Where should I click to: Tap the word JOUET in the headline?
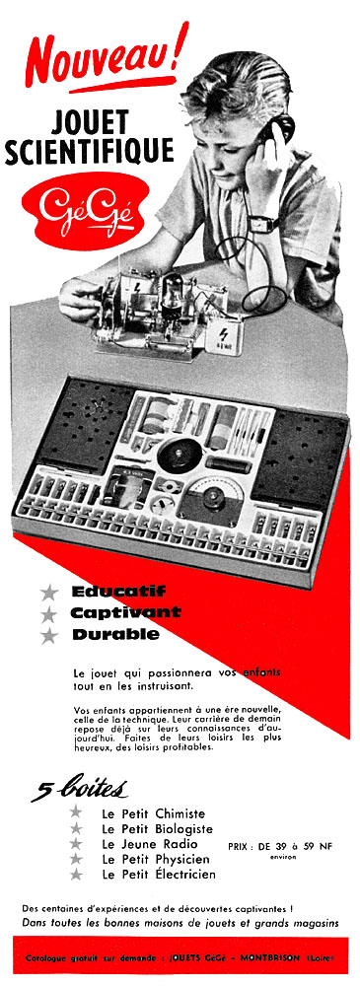tap(90, 121)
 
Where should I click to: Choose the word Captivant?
tap(125, 612)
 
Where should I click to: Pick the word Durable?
tap(115, 634)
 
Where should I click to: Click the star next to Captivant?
tap(48, 613)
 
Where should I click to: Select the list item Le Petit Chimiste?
tap(153, 813)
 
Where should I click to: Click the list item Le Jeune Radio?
tap(149, 844)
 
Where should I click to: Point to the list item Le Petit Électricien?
tap(158, 874)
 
